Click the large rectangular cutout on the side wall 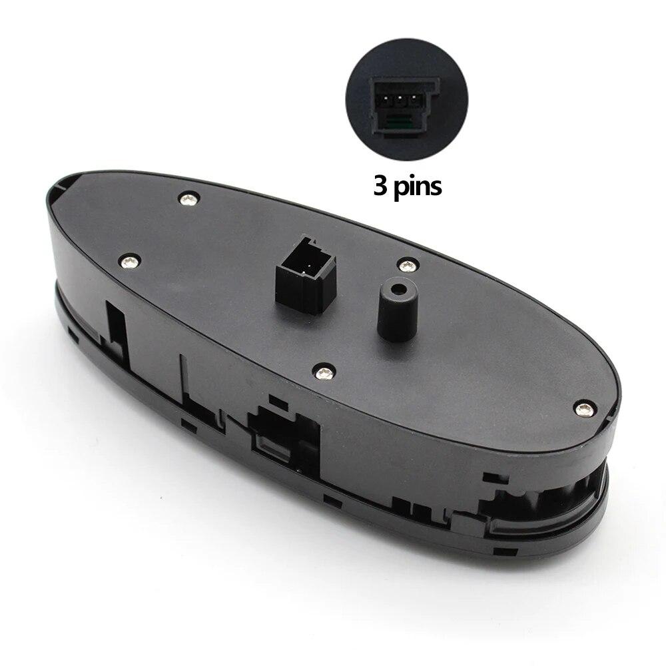pos(283,436)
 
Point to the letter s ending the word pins pos(436,186)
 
